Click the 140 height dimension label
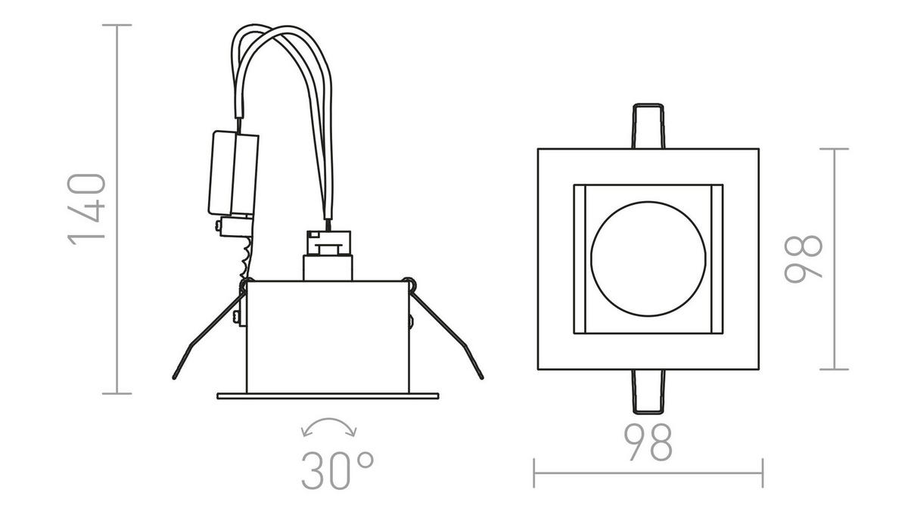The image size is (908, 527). (86, 209)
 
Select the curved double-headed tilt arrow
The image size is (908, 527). (329, 427)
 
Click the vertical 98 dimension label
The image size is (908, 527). (804, 259)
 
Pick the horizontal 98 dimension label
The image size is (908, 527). (648, 444)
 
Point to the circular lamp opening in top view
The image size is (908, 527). (648, 258)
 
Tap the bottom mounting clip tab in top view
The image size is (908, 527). (648, 391)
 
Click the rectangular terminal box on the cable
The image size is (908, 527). (233, 173)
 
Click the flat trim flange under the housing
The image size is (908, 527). (328, 395)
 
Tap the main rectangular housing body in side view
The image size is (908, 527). (328, 336)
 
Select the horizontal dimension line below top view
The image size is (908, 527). (648, 474)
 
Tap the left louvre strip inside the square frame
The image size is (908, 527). (580, 258)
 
